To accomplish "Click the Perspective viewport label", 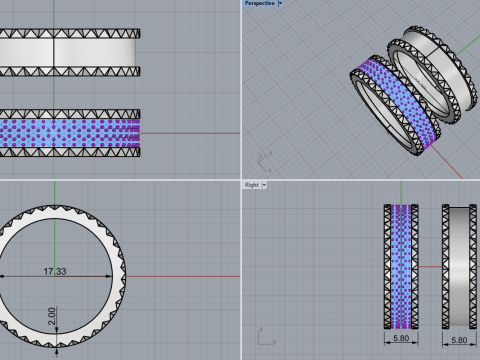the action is click(x=260, y=3).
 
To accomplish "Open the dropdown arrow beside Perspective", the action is click(x=280, y=3).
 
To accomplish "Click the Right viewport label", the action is click(x=252, y=185).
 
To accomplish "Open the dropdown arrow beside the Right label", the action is click(x=264, y=185).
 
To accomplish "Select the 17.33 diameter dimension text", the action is click(x=55, y=271).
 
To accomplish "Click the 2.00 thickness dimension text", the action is click(x=52, y=316).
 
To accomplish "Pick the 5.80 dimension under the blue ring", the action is click(x=401, y=338).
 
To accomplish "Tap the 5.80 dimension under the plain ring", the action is click(x=459, y=340).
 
